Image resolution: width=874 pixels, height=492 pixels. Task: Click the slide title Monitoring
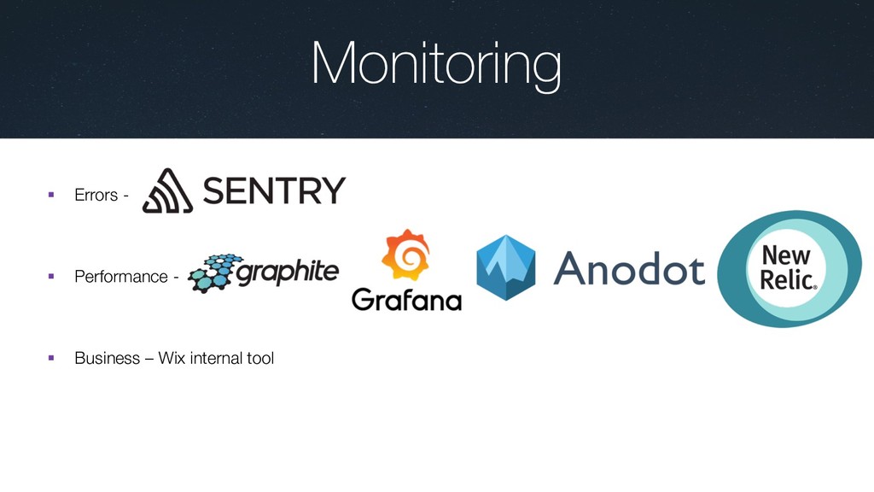pyautogui.click(x=436, y=65)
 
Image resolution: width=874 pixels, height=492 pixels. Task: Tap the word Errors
pyautogui.click(x=96, y=196)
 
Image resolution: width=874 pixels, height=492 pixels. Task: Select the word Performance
pyautogui.click(x=121, y=277)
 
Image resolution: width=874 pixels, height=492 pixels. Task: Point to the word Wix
pyautogui.click(x=172, y=358)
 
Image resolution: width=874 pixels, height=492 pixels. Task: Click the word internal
pyautogui.click(x=216, y=358)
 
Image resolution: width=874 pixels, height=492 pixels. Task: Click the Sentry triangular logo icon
pyautogui.click(x=167, y=190)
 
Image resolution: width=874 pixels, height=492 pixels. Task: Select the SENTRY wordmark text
pyautogui.click(x=274, y=190)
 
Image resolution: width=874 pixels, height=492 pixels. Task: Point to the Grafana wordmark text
pyautogui.click(x=406, y=300)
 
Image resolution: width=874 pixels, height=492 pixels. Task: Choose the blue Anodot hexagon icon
pyautogui.click(x=505, y=268)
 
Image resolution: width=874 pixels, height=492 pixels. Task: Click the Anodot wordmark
pyautogui.click(x=629, y=269)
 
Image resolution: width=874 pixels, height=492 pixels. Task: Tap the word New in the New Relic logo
pyautogui.click(x=785, y=255)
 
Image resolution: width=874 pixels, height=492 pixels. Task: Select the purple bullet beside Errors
pyautogui.click(x=51, y=196)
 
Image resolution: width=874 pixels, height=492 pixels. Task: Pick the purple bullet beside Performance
pyautogui.click(x=51, y=277)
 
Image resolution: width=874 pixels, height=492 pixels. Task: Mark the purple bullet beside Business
pyautogui.click(x=51, y=358)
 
